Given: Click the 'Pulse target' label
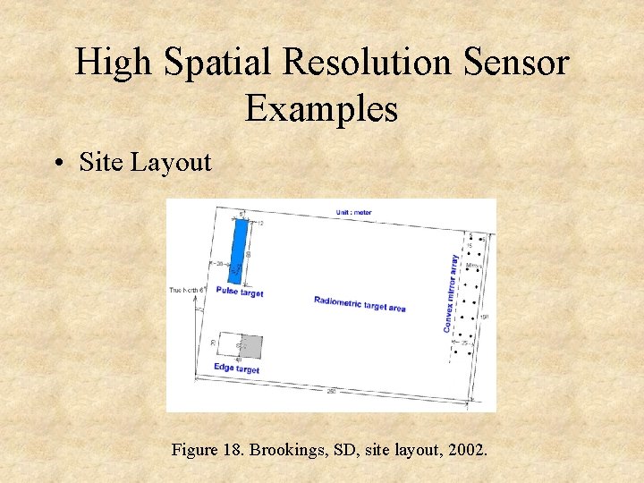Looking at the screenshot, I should coord(239,292).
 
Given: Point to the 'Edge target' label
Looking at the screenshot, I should coord(237,368).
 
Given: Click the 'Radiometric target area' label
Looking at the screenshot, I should coord(360,304).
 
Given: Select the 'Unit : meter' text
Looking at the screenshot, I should coord(355,211).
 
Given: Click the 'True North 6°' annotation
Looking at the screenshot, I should coord(188,290).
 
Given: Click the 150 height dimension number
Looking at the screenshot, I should coord(484,315).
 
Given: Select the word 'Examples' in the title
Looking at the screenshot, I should coord(321,108).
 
